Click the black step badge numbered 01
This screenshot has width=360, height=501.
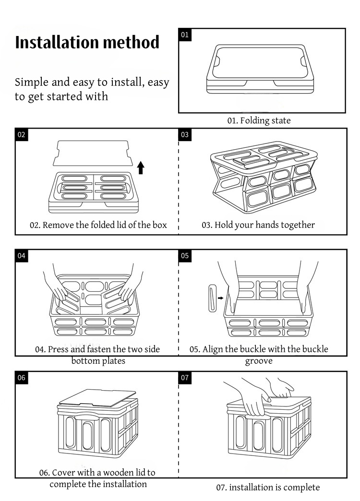(x=185, y=35)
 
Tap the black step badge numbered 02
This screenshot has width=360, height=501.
(x=22, y=134)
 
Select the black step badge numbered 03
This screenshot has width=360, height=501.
(x=185, y=134)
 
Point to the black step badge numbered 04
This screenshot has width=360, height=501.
(x=22, y=256)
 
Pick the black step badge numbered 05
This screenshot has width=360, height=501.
(x=185, y=256)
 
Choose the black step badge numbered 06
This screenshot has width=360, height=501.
(x=22, y=378)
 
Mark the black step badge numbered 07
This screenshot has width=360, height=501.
(x=185, y=378)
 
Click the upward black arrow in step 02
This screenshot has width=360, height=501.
(x=141, y=168)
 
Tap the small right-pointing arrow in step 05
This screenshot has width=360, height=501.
(x=221, y=298)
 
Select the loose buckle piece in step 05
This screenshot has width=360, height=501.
(x=212, y=298)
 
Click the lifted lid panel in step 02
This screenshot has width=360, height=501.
(x=93, y=153)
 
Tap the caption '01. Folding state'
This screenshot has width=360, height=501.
(x=259, y=120)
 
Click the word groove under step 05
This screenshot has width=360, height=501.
(x=259, y=361)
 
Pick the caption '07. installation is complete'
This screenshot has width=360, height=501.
(x=268, y=487)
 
